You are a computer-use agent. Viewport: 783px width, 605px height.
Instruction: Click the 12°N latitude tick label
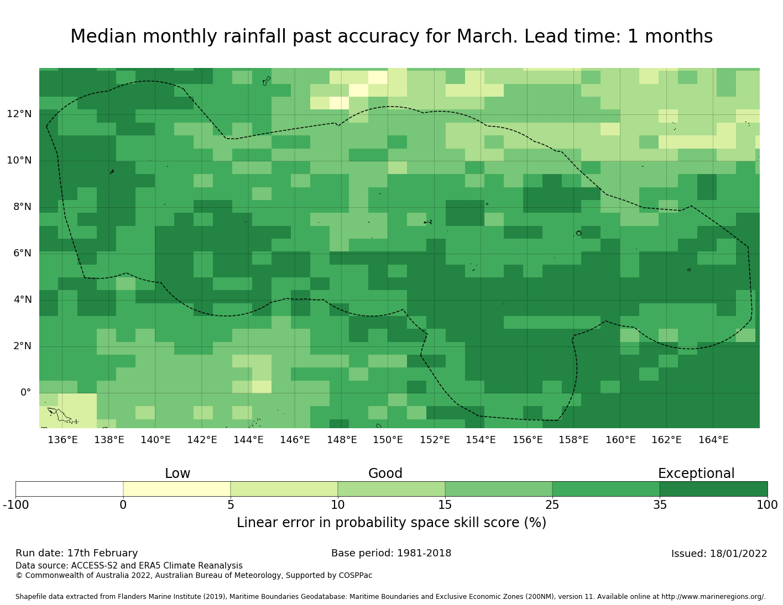pyautogui.click(x=19, y=114)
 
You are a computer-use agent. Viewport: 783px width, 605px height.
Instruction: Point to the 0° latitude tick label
pyautogui.click(x=25, y=392)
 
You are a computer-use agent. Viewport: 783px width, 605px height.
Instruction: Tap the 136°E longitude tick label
pyautogui.click(x=62, y=440)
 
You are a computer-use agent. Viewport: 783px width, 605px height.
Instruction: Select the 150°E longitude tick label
pyautogui.click(x=388, y=440)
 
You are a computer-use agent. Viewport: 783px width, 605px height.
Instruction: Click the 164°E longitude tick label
pyautogui.click(x=713, y=440)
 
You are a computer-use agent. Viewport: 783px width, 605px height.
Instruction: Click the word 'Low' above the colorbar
pyautogui.click(x=178, y=474)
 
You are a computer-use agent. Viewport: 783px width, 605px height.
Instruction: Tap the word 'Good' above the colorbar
pyautogui.click(x=385, y=474)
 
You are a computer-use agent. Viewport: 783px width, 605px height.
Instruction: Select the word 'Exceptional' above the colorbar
pyautogui.click(x=696, y=474)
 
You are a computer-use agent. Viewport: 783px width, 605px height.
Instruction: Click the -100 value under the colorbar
pyautogui.click(x=15, y=504)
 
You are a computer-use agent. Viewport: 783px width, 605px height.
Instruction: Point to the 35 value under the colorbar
pyautogui.click(x=660, y=504)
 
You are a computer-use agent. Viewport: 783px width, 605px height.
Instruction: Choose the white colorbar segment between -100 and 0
pyautogui.click(x=69, y=489)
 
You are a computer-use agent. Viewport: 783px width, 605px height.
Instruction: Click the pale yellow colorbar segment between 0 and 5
pyautogui.click(x=176, y=489)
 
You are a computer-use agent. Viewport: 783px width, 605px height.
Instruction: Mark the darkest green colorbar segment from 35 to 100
pyautogui.click(x=713, y=489)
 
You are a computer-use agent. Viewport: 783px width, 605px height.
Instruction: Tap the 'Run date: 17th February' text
pyautogui.click(x=77, y=553)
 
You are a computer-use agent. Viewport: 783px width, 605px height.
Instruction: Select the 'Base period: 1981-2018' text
pyautogui.click(x=391, y=553)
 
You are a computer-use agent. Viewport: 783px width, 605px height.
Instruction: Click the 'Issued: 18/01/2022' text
pyautogui.click(x=719, y=554)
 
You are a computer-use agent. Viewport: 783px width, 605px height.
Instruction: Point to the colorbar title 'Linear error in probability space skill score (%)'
pyautogui.click(x=391, y=523)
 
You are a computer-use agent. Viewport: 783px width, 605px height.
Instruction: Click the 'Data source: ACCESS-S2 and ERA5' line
pyautogui.click(x=129, y=566)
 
